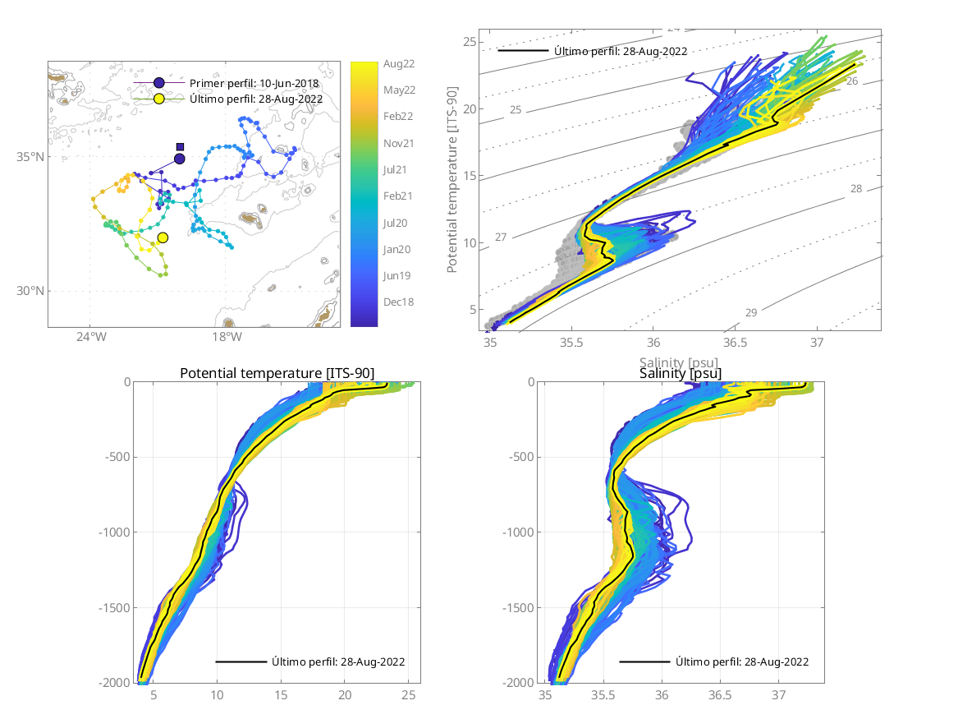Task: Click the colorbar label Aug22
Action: pyautogui.click(x=398, y=63)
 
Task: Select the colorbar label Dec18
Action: pyautogui.click(x=398, y=302)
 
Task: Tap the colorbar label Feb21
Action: pyautogui.click(x=398, y=196)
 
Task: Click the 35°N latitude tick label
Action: pyautogui.click(x=31, y=157)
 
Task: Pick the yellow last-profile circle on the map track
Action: pyautogui.click(x=163, y=237)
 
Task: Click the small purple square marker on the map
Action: pyautogui.click(x=180, y=147)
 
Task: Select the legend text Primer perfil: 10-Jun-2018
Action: pyautogui.click(x=254, y=84)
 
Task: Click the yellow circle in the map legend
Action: pyautogui.click(x=159, y=99)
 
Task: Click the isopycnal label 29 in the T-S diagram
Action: pyautogui.click(x=750, y=312)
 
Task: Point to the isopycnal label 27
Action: pyautogui.click(x=501, y=237)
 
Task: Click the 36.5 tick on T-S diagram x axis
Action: pyautogui.click(x=736, y=341)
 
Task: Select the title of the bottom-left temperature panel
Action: pyautogui.click(x=277, y=374)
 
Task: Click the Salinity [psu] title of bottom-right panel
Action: pyautogui.click(x=681, y=374)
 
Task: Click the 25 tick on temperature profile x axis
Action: pyautogui.click(x=409, y=695)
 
